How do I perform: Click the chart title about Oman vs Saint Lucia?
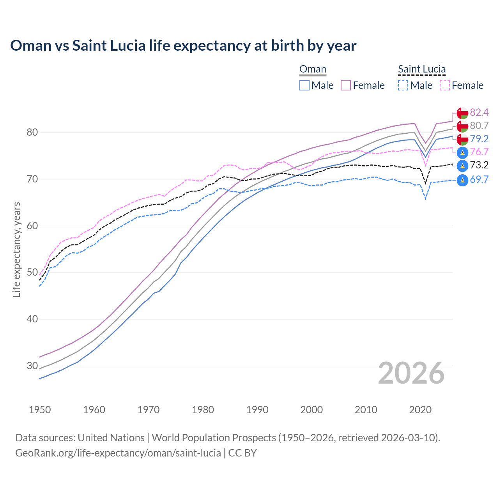(183, 46)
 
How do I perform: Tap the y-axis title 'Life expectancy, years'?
(16, 249)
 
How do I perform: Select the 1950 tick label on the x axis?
(40, 410)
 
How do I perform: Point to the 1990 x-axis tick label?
(257, 410)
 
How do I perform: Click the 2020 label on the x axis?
(420, 410)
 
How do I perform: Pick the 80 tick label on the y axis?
(32, 133)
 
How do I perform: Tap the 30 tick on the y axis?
(32, 366)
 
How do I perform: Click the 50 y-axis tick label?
(32, 273)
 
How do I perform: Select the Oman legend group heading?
(313, 69)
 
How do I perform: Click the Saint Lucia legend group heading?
(421, 69)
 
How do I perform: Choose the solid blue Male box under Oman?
(304, 85)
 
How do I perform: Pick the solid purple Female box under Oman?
(346, 85)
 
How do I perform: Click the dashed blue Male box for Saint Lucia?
(403, 85)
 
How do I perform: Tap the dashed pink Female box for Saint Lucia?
(444, 85)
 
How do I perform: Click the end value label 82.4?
(479, 113)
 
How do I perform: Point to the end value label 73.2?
(479, 165)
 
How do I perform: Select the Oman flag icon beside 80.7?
(462, 126)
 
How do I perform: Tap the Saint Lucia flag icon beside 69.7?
(462, 180)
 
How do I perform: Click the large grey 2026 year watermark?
(411, 373)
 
